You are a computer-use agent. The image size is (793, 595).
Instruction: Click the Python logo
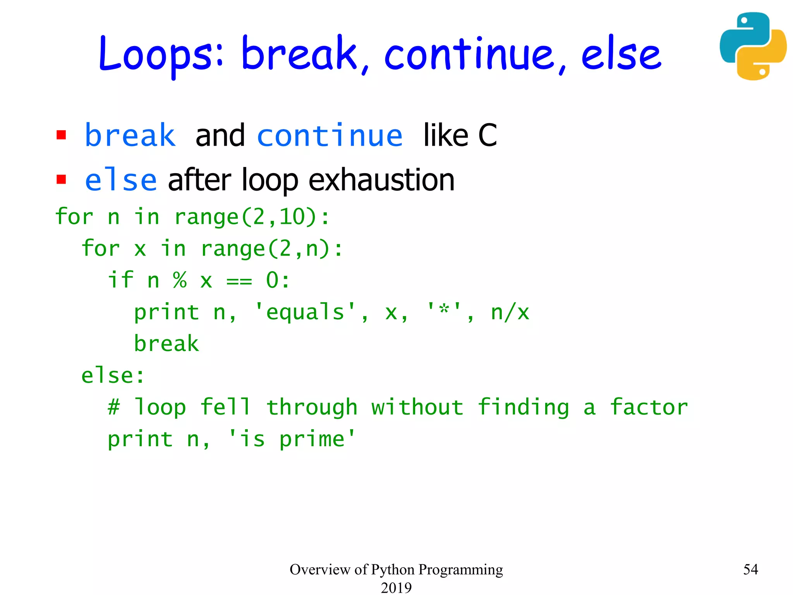click(x=753, y=46)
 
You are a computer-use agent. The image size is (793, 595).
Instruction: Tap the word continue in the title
click(x=469, y=54)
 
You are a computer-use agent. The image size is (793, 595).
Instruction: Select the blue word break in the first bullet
click(x=130, y=136)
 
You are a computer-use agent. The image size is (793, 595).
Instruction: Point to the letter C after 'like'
click(x=487, y=136)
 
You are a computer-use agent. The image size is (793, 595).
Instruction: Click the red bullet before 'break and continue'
click(x=61, y=135)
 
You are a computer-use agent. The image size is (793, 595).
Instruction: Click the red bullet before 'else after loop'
click(x=61, y=180)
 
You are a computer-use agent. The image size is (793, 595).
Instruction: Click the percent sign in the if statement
click(x=180, y=280)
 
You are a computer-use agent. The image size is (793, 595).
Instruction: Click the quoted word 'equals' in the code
click(x=305, y=312)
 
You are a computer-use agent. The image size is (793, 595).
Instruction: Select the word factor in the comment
click(x=649, y=408)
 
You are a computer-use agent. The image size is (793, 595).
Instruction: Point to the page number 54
click(x=750, y=569)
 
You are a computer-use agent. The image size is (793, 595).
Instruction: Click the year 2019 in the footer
click(x=396, y=587)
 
